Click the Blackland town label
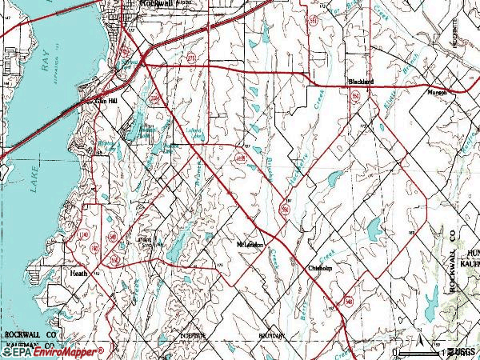pos(361,82)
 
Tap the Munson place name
pos(436,91)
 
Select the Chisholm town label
pos(320,269)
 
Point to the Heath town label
pos(78,273)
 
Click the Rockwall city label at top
pos(155,4)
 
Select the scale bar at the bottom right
pos(436,352)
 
